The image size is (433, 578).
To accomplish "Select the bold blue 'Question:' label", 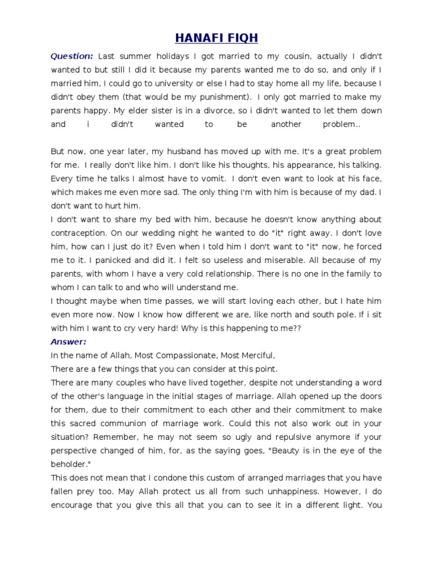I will click(72, 56).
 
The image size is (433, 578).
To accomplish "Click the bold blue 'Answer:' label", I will click(69, 341).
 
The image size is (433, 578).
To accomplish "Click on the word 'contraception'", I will click(78, 233).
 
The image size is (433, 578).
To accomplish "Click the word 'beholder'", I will click(69, 463).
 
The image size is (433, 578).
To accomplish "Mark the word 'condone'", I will click(169, 477).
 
